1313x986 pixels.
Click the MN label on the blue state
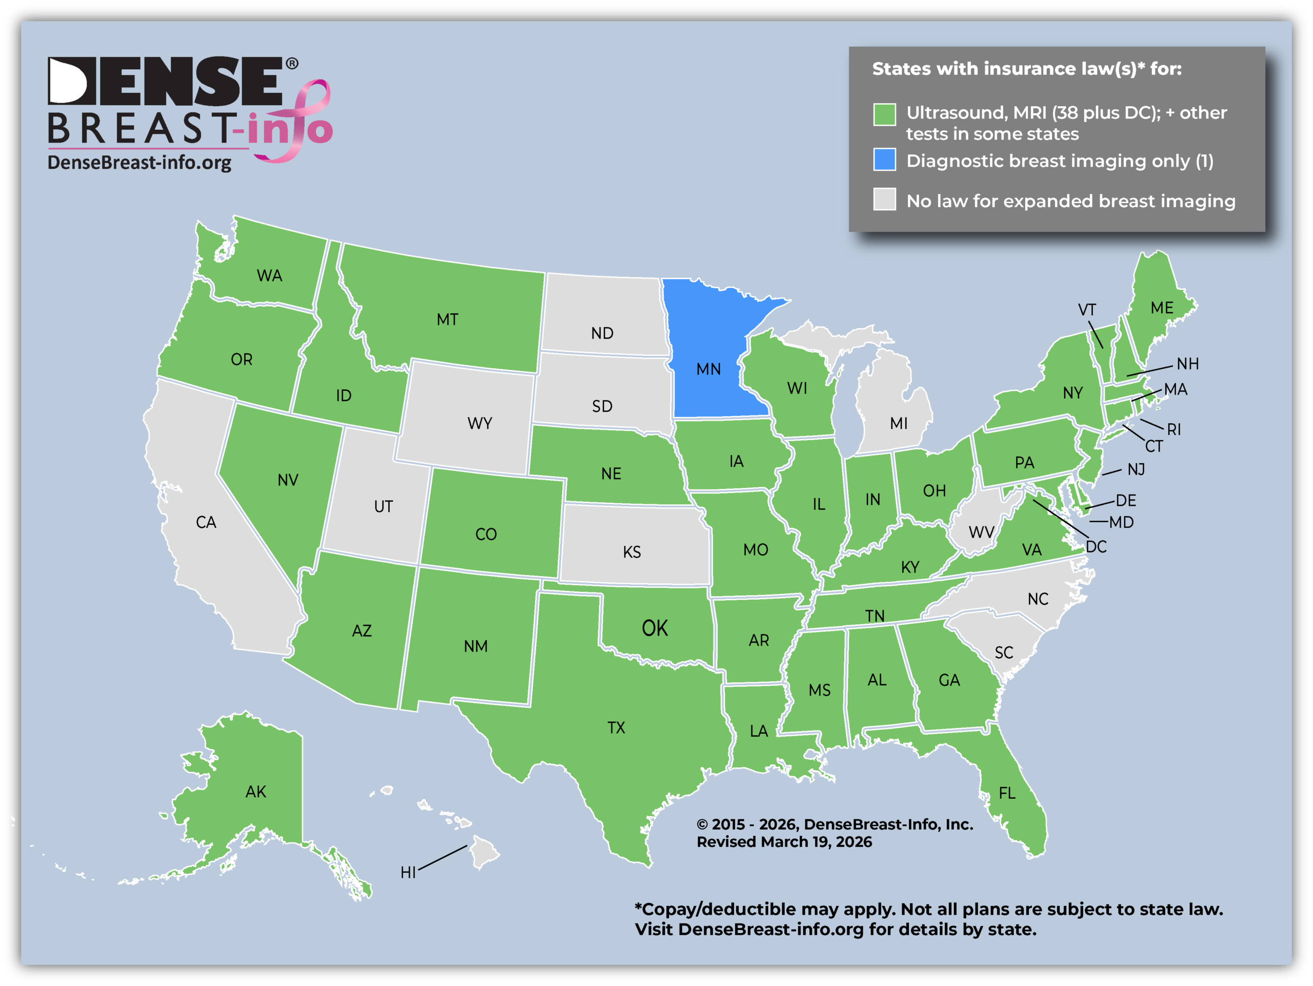(x=708, y=369)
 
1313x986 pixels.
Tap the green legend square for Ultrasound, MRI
(x=884, y=114)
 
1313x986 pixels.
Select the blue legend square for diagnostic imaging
(x=884, y=160)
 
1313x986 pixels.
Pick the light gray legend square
(x=884, y=200)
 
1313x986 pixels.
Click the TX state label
(x=616, y=728)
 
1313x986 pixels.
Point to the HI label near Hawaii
(x=408, y=872)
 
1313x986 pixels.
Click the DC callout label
(x=1096, y=547)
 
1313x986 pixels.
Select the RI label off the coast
(x=1173, y=429)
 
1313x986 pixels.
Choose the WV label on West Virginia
(x=981, y=532)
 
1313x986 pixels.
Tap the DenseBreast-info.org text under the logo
(x=140, y=163)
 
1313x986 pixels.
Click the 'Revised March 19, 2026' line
(x=784, y=842)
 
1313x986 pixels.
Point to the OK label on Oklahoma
(x=655, y=628)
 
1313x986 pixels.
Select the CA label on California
(x=206, y=522)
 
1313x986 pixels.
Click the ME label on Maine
(x=1162, y=307)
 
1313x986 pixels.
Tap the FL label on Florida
(x=1007, y=793)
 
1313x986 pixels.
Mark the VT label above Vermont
(x=1086, y=310)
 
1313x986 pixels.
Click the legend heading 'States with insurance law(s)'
(x=1027, y=69)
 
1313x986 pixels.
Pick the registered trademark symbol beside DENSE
(x=292, y=64)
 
